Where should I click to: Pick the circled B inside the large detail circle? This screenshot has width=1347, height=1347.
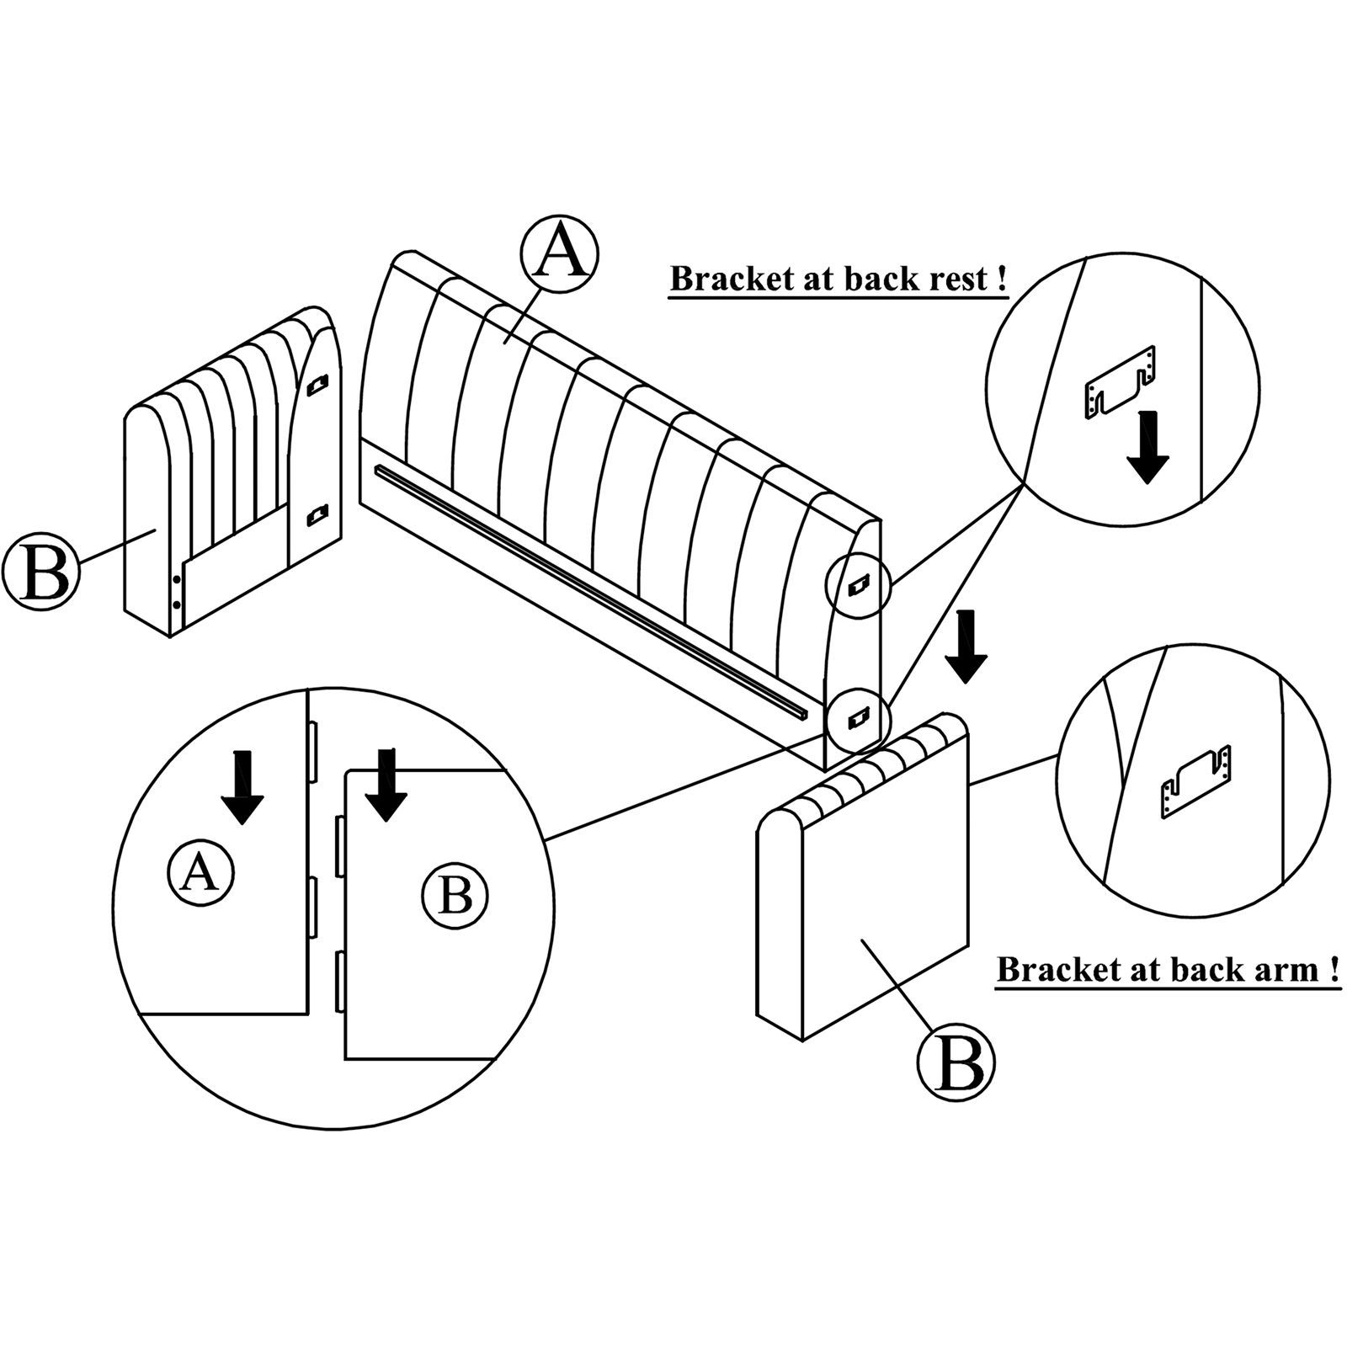pyautogui.click(x=455, y=897)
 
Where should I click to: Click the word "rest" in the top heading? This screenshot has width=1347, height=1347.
pyautogui.click(x=958, y=279)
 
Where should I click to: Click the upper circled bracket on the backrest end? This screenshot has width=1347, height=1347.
pyautogui.click(x=857, y=583)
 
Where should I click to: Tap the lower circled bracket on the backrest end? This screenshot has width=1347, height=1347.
pyautogui.click(x=857, y=716)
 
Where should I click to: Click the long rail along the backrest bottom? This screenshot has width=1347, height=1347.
pyautogui.click(x=589, y=589)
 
